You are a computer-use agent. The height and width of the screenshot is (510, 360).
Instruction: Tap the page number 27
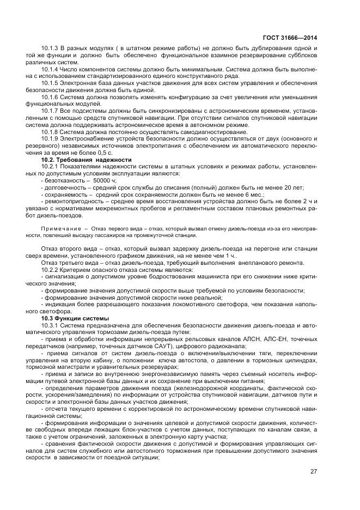pyautogui.click(x=313, y=471)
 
